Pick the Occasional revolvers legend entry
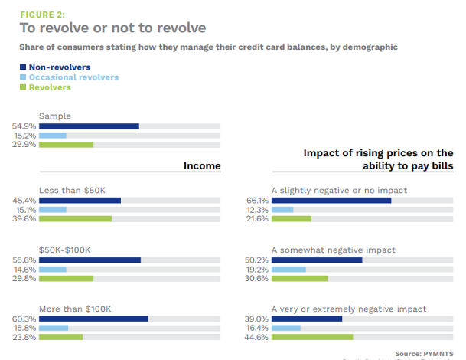73,77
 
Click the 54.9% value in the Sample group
24,126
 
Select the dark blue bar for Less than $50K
80,201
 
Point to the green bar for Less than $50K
75,218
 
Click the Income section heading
202,166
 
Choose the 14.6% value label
24,269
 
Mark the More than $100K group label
75,309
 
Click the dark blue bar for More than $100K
93,319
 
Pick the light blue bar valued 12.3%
282,210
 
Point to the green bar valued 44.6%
312,336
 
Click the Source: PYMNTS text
425,353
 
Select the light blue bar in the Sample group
53,135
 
